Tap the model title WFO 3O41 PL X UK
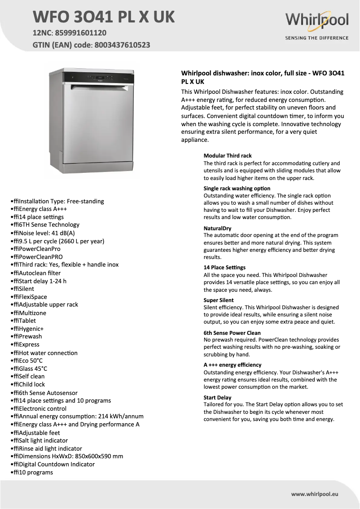coord(104,17)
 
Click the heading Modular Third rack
coord(228,156)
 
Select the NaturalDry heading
coord(217,228)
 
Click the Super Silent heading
coord(219,300)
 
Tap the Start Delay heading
coord(217,398)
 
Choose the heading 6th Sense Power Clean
coord(232,333)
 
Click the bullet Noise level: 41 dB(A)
coord(44,233)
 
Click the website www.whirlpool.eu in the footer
coord(314,494)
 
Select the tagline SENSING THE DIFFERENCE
coord(316,38)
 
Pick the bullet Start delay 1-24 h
coord(40,281)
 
